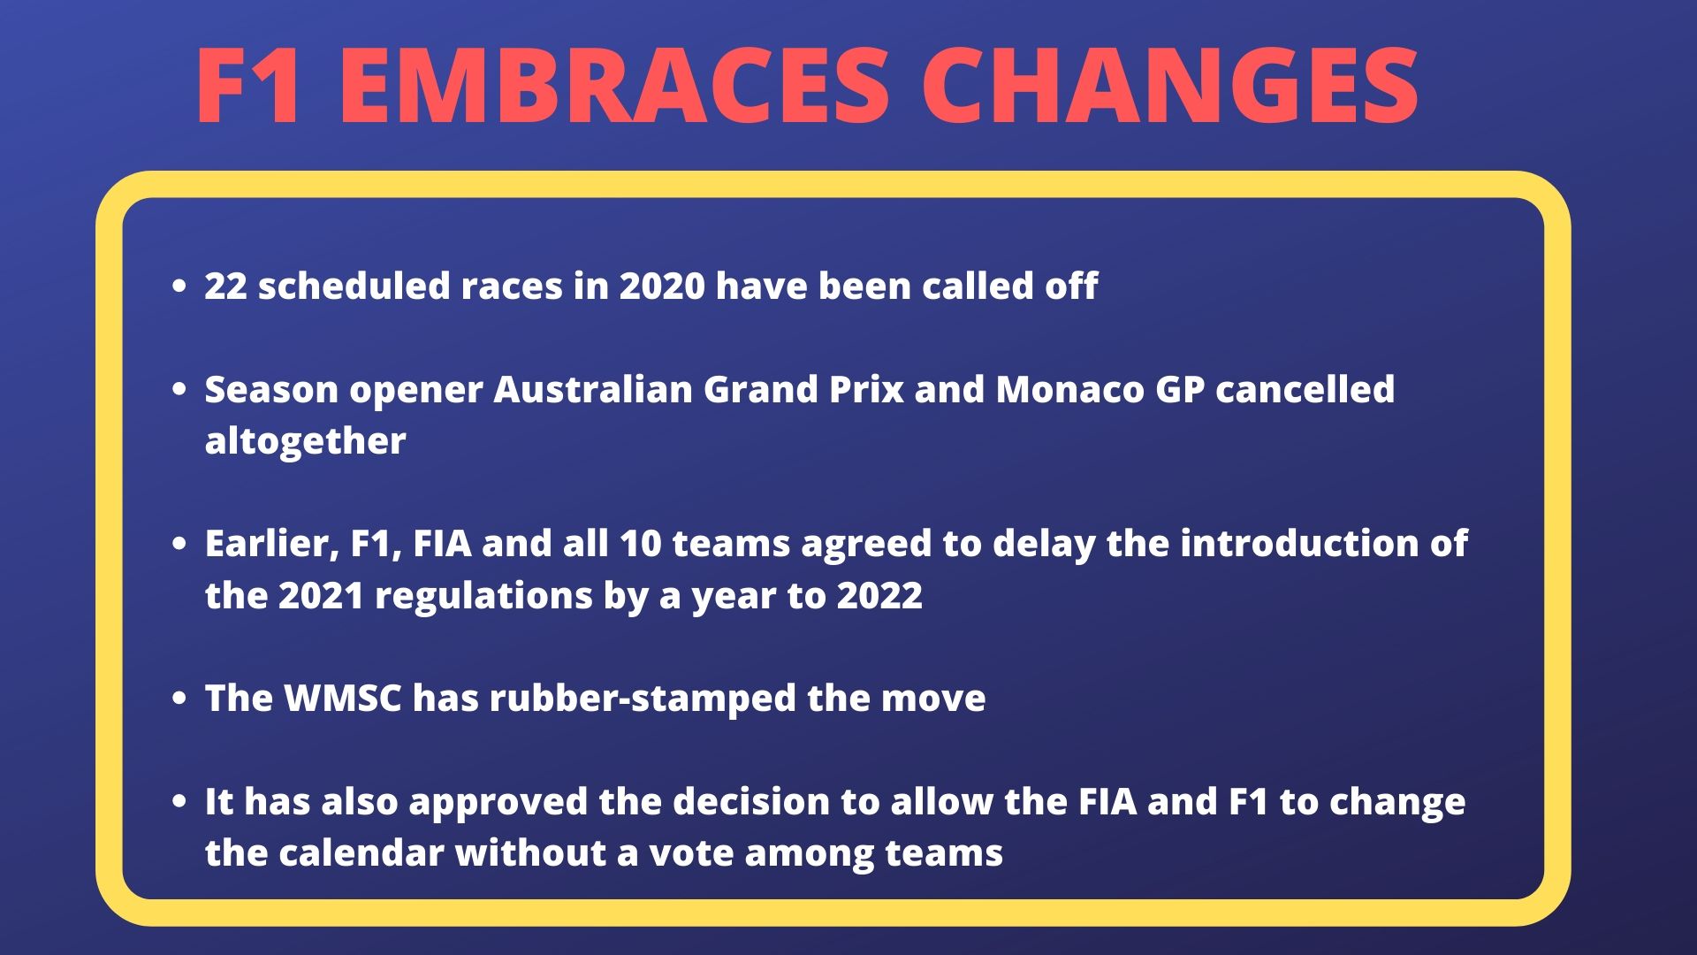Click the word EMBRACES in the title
(613, 86)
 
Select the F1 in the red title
(248, 86)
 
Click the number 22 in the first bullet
(225, 286)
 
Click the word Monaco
(1069, 390)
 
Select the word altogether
(305, 441)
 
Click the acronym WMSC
(343, 699)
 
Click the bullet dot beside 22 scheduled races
(180, 286)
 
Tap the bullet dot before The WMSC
(180, 699)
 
